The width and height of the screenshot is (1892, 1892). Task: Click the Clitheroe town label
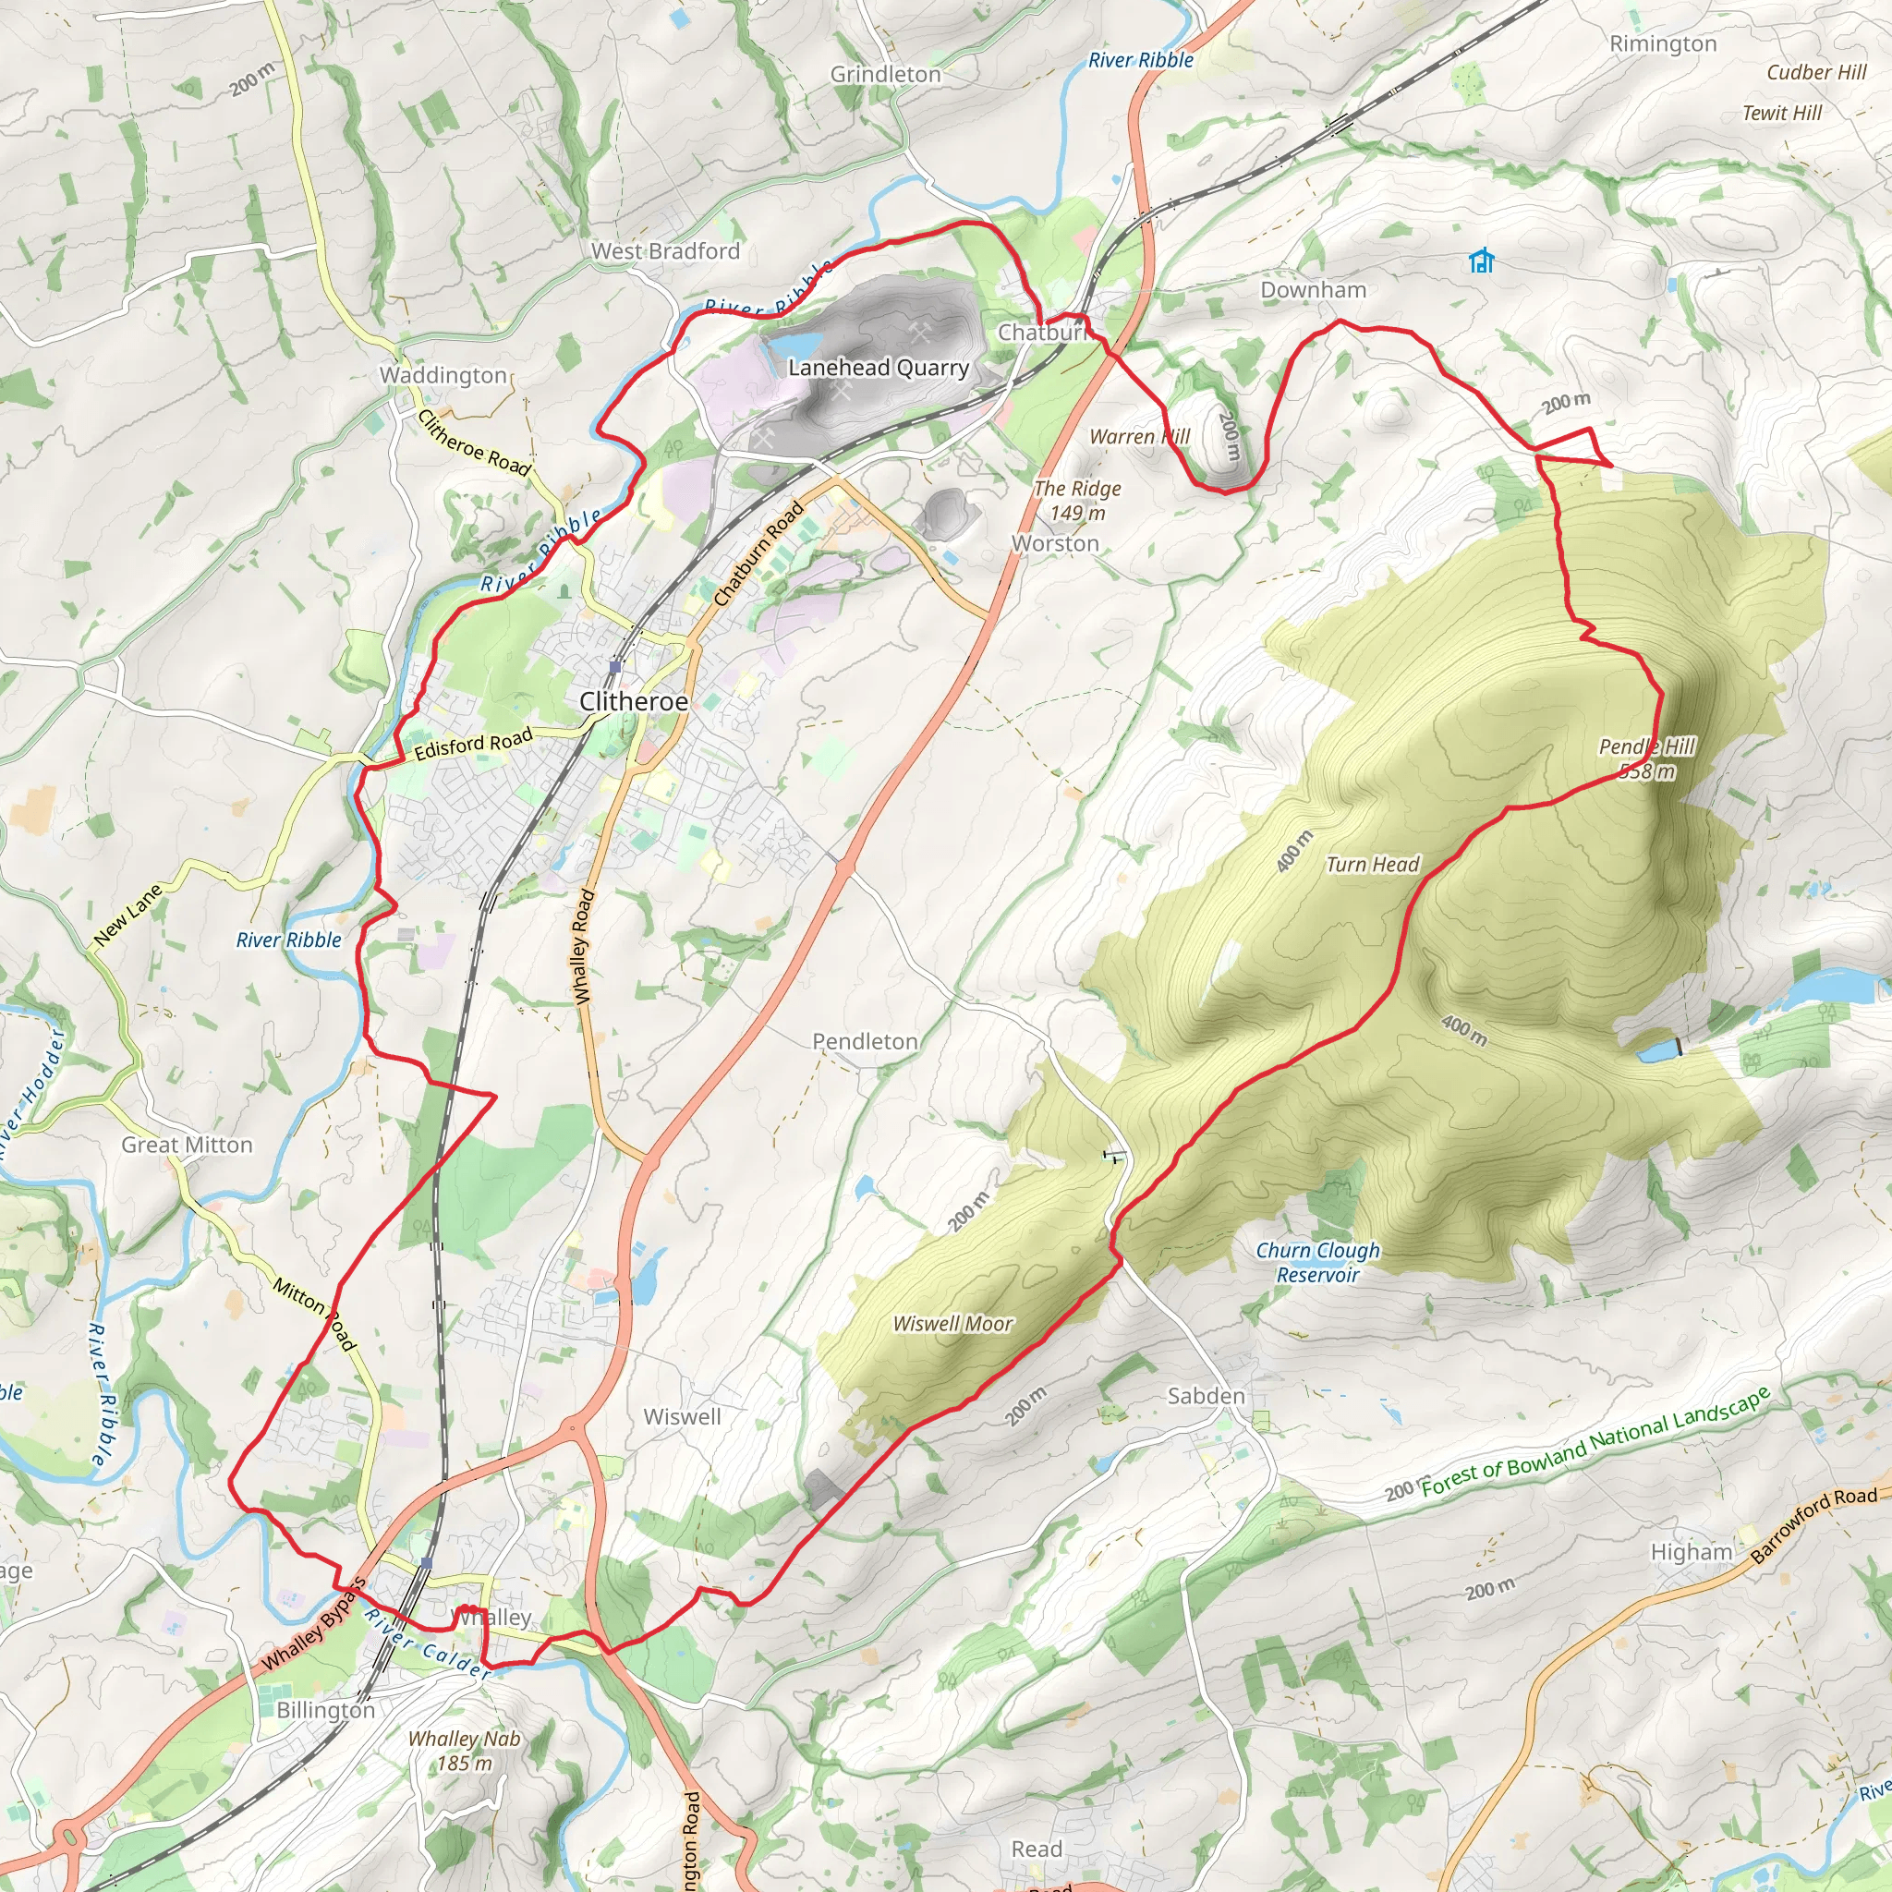tap(634, 701)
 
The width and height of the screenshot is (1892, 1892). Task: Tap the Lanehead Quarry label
tap(879, 368)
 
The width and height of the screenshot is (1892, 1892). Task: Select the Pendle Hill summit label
tap(1646, 759)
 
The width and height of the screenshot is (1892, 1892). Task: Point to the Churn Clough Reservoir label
tap(1318, 1262)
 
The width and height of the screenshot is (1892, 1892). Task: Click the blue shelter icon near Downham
tap(1481, 261)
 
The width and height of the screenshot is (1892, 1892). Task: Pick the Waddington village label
tap(443, 375)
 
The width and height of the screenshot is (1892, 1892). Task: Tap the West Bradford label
tap(665, 250)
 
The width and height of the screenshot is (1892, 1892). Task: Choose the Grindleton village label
tap(885, 75)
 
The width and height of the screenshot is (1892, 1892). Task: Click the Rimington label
tap(1663, 44)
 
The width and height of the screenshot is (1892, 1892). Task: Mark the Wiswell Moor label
tap(952, 1324)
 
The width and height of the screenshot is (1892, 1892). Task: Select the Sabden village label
tap(1206, 1397)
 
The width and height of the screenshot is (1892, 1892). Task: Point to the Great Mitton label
tap(187, 1145)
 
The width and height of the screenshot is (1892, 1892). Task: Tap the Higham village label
tap(1692, 1552)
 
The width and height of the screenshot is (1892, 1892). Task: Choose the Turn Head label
tap(1372, 864)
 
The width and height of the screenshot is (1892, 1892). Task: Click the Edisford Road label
tap(473, 745)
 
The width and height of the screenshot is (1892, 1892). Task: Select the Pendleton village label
tap(865, 1041)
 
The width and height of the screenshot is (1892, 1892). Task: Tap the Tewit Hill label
tap(1781, 113)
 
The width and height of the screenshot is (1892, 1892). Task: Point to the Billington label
tap(325, 1710)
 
